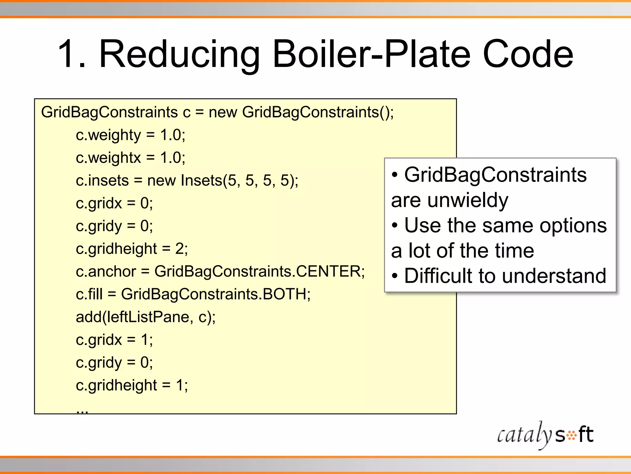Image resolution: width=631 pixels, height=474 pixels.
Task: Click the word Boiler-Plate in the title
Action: (x=373, y=54)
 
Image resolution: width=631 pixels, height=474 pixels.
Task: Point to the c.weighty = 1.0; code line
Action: (x=130, y=135)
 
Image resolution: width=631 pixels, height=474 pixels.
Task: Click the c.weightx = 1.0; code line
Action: (x=130, y=158)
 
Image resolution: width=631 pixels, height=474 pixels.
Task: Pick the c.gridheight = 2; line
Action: (x=132, y=249)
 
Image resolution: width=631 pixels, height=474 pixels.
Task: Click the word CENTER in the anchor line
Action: (x=328, y=272)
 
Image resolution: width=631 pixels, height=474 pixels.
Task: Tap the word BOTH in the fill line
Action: (x=284, y=294)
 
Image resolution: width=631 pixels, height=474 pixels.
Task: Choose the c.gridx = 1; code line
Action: (x=114, y=340)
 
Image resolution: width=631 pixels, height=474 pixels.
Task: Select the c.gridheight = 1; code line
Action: (x=132, y=385)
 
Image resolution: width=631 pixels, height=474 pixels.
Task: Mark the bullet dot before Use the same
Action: (x=395, y=226)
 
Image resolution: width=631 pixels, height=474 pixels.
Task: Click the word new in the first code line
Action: (x=223, y=112)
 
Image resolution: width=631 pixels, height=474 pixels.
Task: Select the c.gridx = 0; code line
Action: (x=114, y=203)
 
